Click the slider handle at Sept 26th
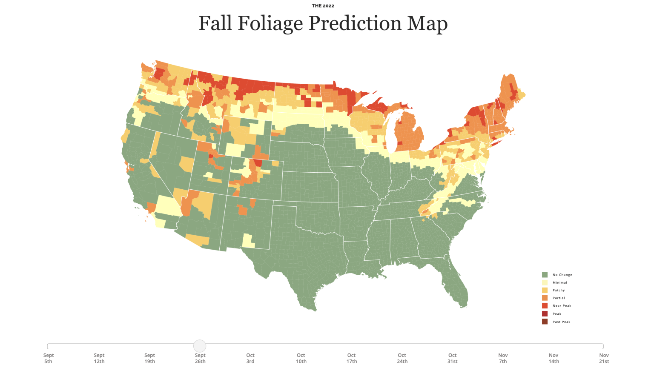200,346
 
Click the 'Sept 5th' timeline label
49,358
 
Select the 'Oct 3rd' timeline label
250,358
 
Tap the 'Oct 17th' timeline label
351,358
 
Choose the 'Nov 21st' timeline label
604,358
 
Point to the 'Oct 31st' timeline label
452,358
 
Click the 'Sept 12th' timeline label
99,358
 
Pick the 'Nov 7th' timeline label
503,358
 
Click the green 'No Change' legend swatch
545,275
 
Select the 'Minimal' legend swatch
545,282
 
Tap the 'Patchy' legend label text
559,291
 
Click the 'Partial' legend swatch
545,298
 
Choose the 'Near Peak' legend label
562,306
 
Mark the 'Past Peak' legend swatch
545,322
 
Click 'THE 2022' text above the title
323,6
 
